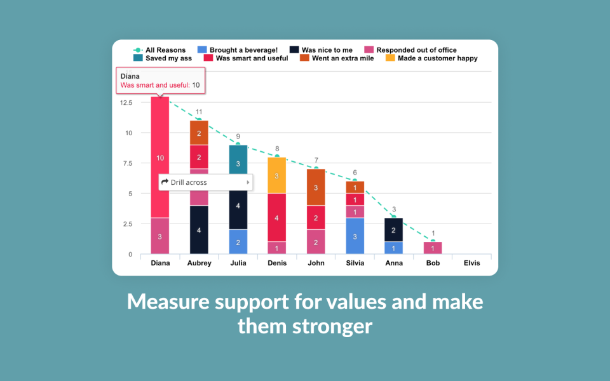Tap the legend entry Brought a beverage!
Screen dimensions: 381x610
(238, 50)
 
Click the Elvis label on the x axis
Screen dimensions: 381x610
(472, 263)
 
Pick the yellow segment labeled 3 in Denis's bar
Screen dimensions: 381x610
(276, 175)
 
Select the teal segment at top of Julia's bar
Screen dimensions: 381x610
(238, 163)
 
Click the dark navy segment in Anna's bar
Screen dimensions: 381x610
(394, 230)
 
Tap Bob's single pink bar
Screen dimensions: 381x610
(433, 248)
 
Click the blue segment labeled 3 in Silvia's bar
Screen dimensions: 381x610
(355, 236)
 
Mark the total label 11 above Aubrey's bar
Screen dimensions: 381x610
(199, 112)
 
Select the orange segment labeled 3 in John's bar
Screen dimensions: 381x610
(316, 187)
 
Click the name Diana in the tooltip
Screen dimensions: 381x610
(130, 76)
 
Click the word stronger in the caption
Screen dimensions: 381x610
(336, 327)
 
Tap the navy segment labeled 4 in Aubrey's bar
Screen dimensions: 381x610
(199, 230)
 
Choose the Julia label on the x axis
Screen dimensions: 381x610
(238, 263)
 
